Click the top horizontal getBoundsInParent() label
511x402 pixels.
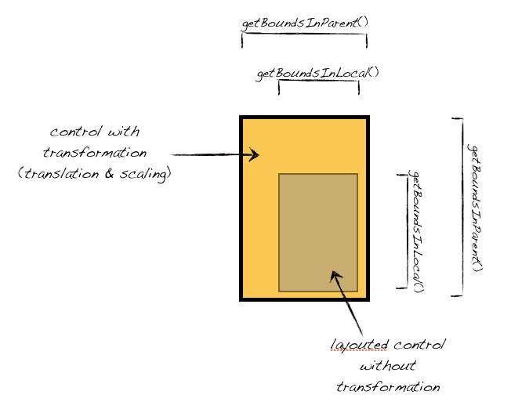coord(304,22)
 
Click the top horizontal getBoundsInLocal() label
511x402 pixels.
coord(317,73)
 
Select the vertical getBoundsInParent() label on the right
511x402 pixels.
coord(476,207)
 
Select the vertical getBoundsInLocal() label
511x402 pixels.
coord(417,231)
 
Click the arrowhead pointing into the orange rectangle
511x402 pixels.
coord(253,155)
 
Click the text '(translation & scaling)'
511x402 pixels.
coord(94,174)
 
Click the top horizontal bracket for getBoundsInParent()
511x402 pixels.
coord(304,36)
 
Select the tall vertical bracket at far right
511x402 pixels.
coord(460,207)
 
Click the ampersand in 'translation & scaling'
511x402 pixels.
coord(110,174)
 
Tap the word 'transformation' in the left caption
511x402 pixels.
coord(95,153)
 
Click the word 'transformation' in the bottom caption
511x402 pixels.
coord(387,387)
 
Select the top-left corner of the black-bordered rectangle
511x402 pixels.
coord(242,118)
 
